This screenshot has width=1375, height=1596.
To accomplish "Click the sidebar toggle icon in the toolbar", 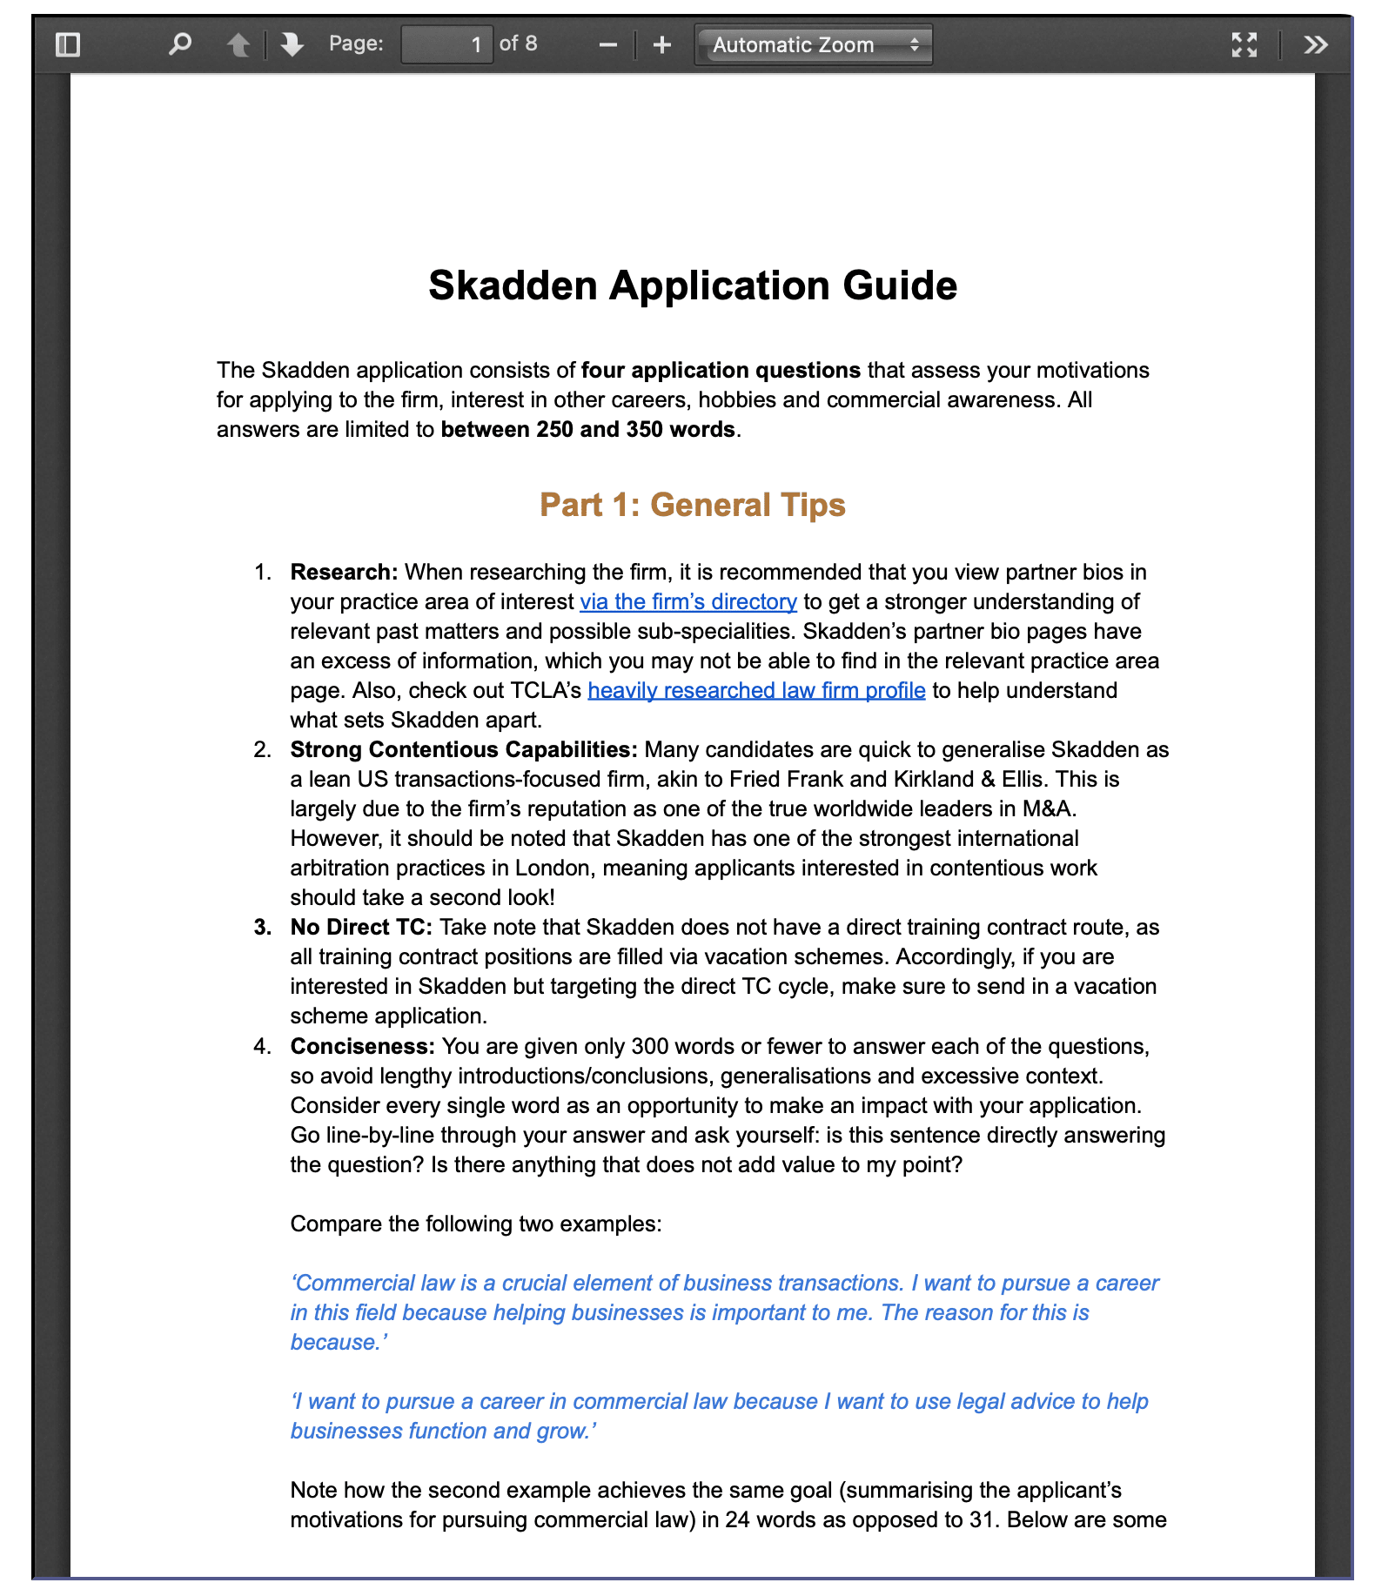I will (68, 44).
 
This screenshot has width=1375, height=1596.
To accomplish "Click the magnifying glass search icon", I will (180, 44).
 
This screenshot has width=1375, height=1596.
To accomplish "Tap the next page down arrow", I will (292, 44).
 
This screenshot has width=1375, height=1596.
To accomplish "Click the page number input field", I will (446, 44).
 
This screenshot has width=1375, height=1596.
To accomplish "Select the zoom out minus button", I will (608, 44).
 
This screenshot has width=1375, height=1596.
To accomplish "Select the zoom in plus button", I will (662, 44).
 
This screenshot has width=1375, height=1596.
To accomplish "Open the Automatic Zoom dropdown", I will (814, 44).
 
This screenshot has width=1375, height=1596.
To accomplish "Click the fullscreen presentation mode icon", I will (1244, 44).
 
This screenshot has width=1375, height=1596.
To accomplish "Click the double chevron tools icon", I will (1316, 44).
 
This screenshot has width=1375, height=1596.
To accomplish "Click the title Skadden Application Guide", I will (693, 286).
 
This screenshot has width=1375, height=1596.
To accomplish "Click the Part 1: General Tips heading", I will (693, 506).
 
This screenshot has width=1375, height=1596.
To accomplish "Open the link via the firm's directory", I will (688, 602).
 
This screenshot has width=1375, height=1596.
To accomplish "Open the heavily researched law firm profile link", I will (756, 691).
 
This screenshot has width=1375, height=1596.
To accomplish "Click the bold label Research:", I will (344, 573).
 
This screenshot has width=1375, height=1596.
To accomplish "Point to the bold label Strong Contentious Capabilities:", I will (464, 750).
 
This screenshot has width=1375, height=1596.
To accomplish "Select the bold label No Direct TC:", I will (361, 928).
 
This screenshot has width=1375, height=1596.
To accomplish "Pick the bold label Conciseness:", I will (362, 1047).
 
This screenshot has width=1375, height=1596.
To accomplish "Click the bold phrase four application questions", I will (721, 371).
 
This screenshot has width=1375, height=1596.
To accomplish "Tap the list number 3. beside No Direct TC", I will (263, 928).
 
